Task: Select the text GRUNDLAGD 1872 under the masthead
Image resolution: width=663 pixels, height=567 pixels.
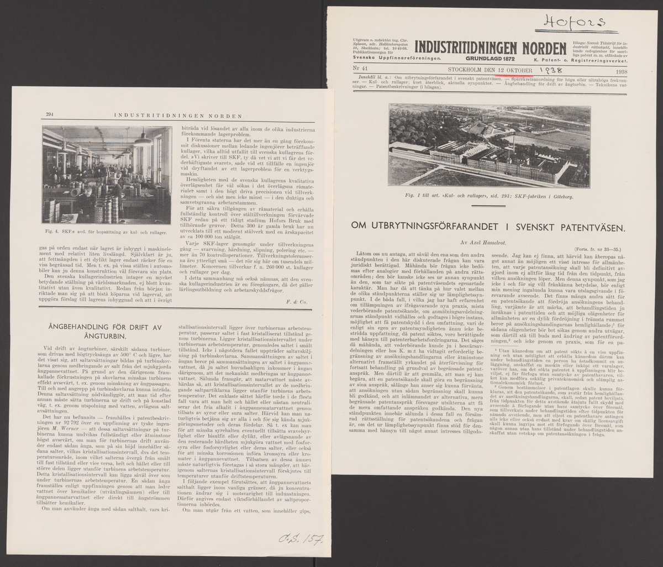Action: point(491,58)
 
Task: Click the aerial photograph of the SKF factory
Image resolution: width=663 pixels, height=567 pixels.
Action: point(490,146)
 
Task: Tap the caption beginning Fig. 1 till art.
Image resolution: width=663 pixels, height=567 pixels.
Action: point(490,196)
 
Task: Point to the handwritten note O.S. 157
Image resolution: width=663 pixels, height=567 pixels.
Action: point(300,539)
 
